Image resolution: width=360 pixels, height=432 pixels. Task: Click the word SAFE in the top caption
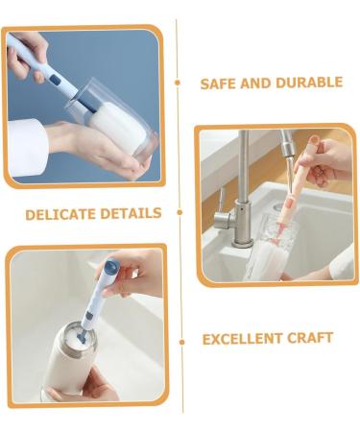[217, 84]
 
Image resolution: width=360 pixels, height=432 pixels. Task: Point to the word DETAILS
[132, 212]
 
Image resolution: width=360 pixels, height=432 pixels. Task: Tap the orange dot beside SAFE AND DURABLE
[178, 84]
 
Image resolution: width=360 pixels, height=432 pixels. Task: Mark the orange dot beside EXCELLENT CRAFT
[181, 340]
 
